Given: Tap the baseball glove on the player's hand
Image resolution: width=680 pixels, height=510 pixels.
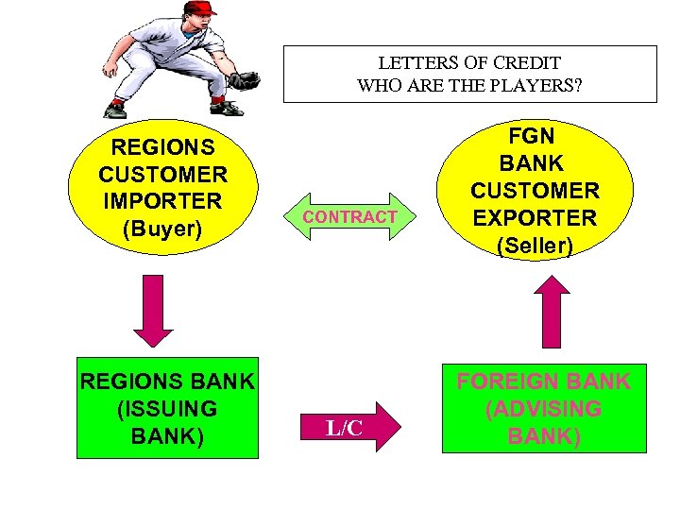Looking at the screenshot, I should (x=244, y=80).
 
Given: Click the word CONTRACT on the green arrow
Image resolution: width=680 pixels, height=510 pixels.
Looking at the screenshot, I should (x=349, y=217).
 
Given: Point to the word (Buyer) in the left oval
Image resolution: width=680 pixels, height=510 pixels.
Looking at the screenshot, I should (x=162, y=228).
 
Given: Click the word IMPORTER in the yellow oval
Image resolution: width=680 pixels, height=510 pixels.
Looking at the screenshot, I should (x=162, y=201).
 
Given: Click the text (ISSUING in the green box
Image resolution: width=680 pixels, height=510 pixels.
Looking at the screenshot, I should (x=167, y=409).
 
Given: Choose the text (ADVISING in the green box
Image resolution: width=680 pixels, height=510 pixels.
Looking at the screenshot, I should (x=543, y=409).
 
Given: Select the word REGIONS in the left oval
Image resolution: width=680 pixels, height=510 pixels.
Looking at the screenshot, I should (x=162, y=147).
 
